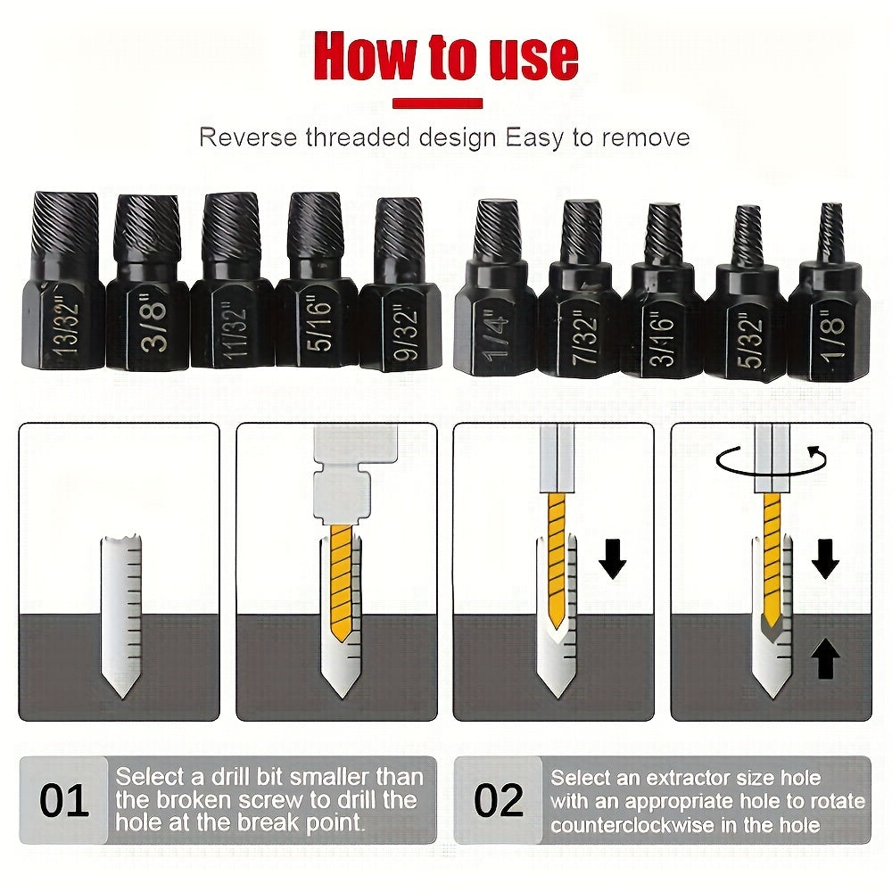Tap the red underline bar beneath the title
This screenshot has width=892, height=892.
pyautogui.click(x=437, y=104)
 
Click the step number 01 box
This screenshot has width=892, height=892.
pyautogui.click(x=64, y=800)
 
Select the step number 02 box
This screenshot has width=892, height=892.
pyautogui.click(x=499, y=800)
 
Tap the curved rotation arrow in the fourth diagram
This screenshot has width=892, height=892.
pyautogui.click(x=767, y=462)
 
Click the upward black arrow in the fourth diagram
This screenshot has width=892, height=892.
pyautogui.click(x=826, y=661)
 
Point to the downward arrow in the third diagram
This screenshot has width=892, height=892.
pyautogui.click(x=612, y=557)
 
